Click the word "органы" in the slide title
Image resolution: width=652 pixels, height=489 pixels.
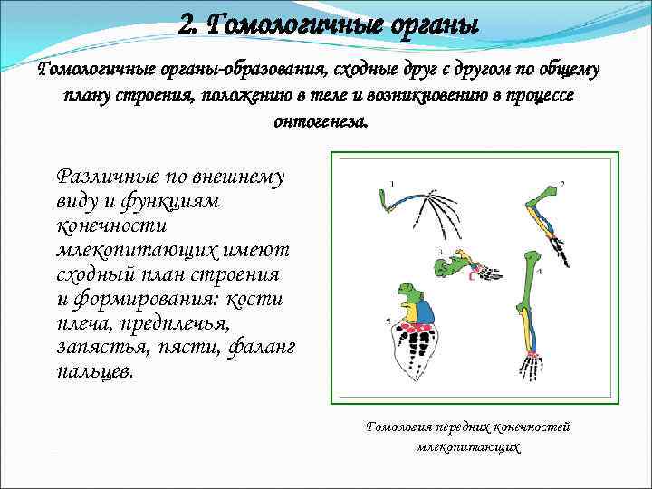click(x=429, y=25)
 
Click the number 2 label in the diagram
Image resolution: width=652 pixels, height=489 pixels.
click(x=561, y=184)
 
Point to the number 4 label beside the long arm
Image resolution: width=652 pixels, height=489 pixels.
click(x=541, y=271)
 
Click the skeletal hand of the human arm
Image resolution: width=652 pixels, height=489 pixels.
click(x=531, y=366)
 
